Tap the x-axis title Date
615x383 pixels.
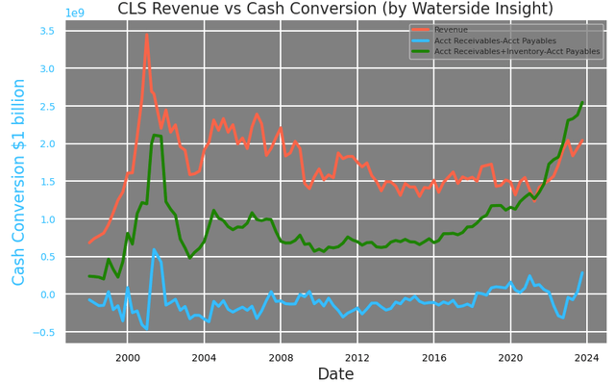pos(335,373)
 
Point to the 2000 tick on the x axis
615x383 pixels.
pos(127,357)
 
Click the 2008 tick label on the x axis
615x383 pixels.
pos(281,357)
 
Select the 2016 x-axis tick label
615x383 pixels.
pos(433,357)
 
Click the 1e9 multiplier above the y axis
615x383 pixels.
pos(76,13)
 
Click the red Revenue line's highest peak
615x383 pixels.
pos(146,35)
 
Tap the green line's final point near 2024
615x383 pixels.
pos(582,102)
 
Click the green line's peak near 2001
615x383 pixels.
pos(155,136)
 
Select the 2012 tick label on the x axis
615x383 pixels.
pos(357,357)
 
